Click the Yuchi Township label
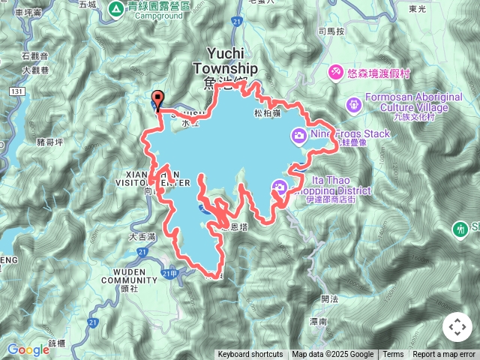pyautogui.click(x=225, y=61)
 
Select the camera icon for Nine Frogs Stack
pyautogui.click(x=298, y=135)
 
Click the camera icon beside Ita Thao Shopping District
pyautogui.click(x=279, y=187)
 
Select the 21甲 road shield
pyautogui.click(x=169, y=274)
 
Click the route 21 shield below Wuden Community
pyautogui.click(x=91, y=321)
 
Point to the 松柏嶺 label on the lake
pyautogui.click(x=267, y=113)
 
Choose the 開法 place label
pyautogui.click(x=329, y=298)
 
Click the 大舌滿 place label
pyautogui.click(x=142, y=236)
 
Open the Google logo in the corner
pyautogui.click(x=28, y=349)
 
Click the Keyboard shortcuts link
pyautogui.click(x=250, y=355)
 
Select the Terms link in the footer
pyautogui.click(x=393, y=355)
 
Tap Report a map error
pyautogui.click(x=444, y=355)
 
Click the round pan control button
pyautogui.click(x=457, y=327)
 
